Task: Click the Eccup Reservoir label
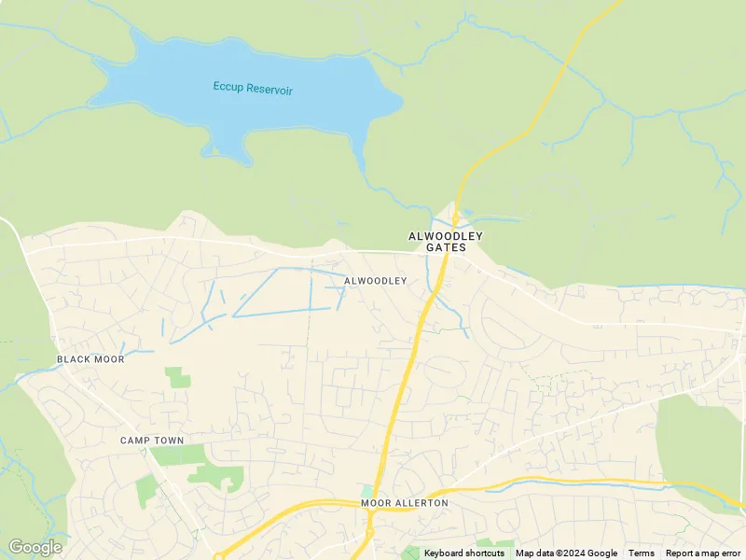253,89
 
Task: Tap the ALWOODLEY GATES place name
446,242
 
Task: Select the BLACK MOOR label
90,359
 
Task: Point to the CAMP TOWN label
152,441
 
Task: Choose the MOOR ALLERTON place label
405,503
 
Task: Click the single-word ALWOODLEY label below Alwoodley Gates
376,281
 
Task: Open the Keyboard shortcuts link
464,553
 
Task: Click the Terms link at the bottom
642,553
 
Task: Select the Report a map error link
703,553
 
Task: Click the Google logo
35,547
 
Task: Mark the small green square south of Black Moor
177,377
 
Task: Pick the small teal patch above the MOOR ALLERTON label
367,490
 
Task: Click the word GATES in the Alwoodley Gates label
446,248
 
